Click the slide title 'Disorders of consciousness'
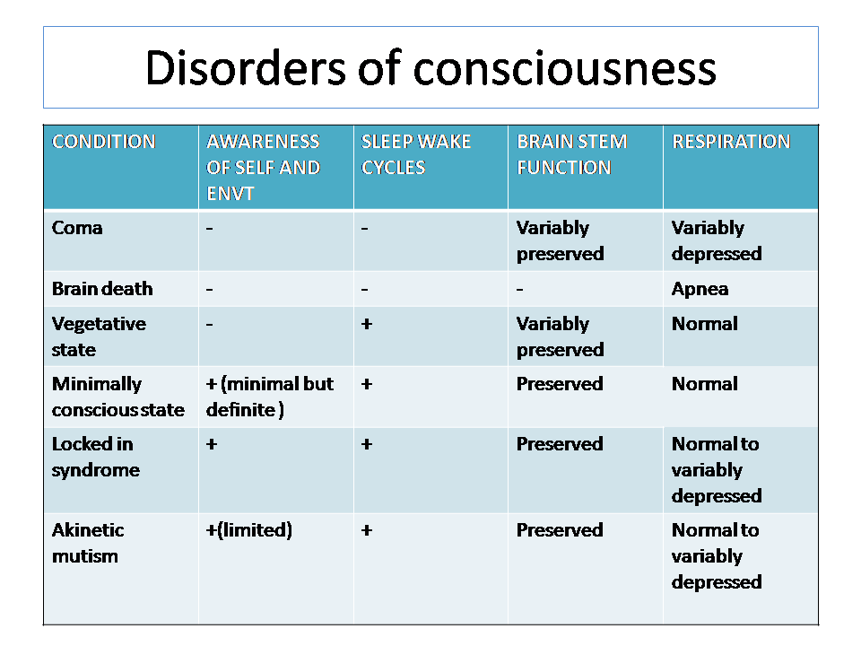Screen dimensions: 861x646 [x=430, y=68]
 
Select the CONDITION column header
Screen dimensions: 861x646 [x=104, y=142]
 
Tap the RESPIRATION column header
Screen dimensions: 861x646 [x=732, y=142]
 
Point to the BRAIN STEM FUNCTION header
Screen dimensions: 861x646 [x=571, y=154]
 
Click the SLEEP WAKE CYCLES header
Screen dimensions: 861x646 [x=415, y=154]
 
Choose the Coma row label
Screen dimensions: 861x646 [x=77, y=228]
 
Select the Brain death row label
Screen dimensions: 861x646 [x=102, y=289]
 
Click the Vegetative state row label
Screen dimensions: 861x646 [x=99, y=336]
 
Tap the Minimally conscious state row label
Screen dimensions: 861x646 [x=118, y=397]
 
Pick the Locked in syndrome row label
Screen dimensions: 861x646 [x=96, y=457]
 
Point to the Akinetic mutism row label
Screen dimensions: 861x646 [x=88, y=544]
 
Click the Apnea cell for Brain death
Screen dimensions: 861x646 [x=700, y=290]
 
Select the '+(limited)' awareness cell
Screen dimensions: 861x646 [x=248, y=530]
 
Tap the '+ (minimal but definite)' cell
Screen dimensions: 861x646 [x=270, y=397]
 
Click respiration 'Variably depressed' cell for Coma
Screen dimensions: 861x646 [x=717, y=240]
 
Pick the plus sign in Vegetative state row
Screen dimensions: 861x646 [x=367, y=324]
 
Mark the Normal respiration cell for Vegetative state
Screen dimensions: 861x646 [x=705, y=324]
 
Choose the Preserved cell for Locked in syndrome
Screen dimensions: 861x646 [x=560, y=444]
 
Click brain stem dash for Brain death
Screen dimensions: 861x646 [x=519, y=289]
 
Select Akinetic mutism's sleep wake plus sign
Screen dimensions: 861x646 [x=367, y=530]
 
